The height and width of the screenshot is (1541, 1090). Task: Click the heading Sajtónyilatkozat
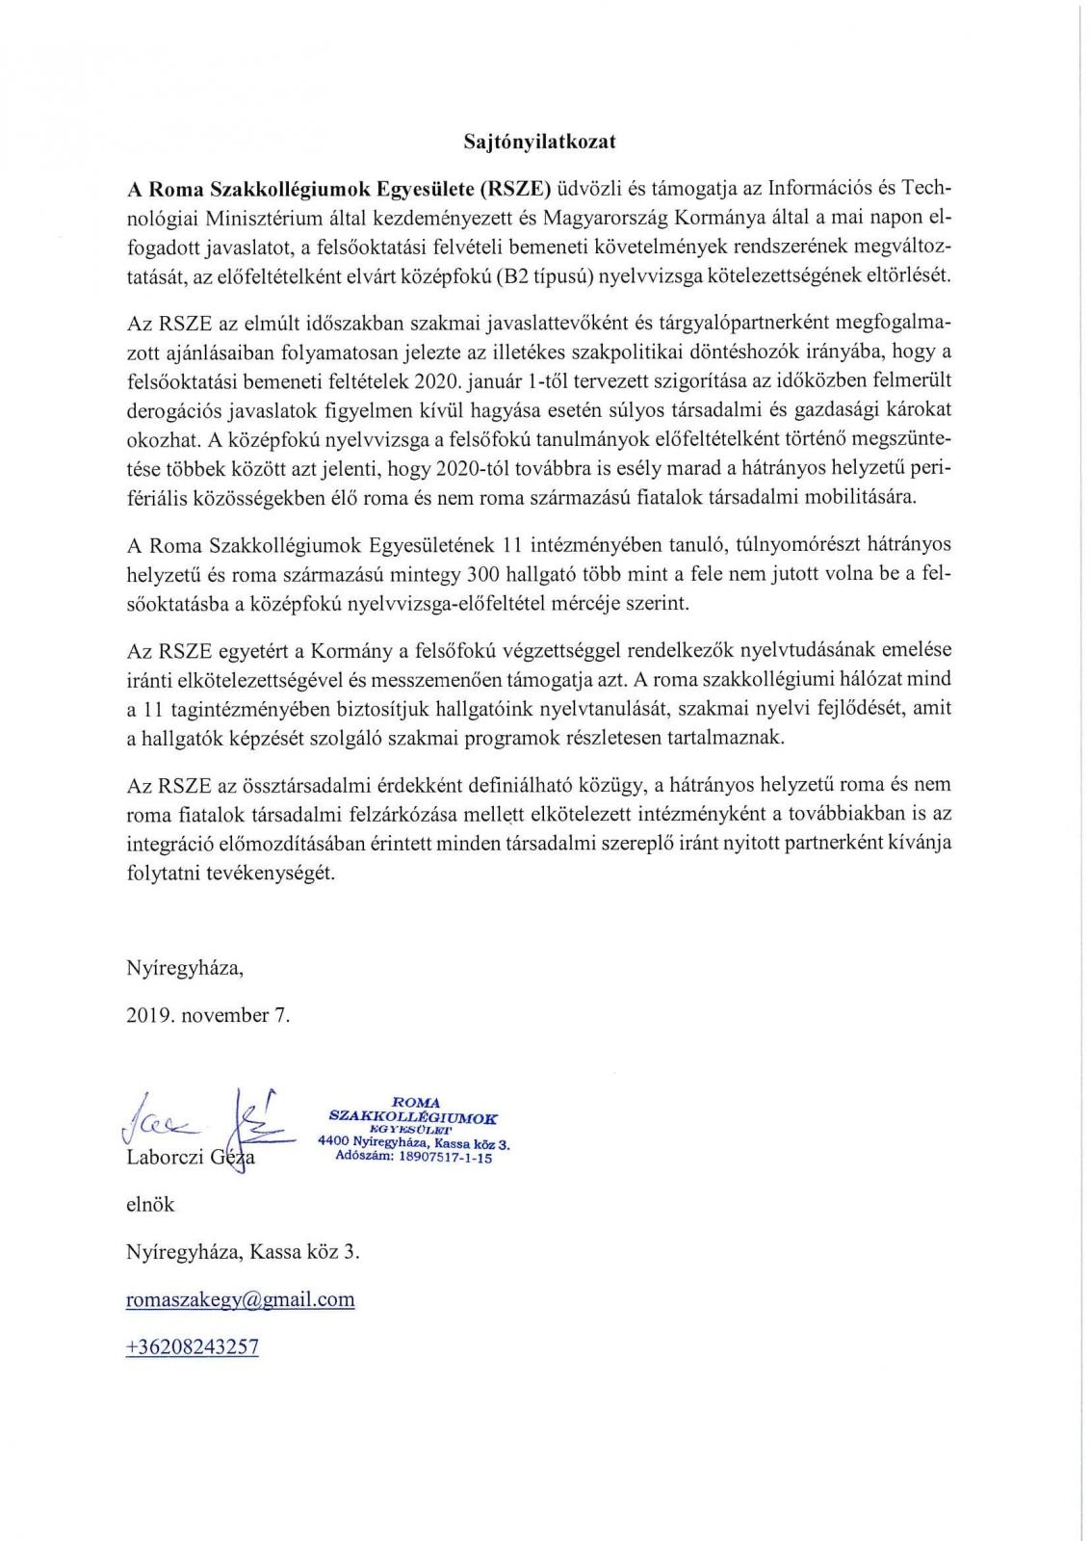point(539,142)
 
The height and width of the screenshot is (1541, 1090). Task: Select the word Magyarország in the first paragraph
point(600,214)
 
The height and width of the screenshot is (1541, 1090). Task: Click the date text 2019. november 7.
point(207,1015)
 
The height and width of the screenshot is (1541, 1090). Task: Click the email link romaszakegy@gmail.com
point(240,1299)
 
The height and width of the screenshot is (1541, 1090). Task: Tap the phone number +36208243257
point(192,1346)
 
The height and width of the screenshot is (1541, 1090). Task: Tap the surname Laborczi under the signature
point(165,1158)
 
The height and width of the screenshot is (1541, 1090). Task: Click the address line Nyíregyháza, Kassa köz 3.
point(243,1252)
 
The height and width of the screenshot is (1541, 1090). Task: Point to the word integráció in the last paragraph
point(166,844)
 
